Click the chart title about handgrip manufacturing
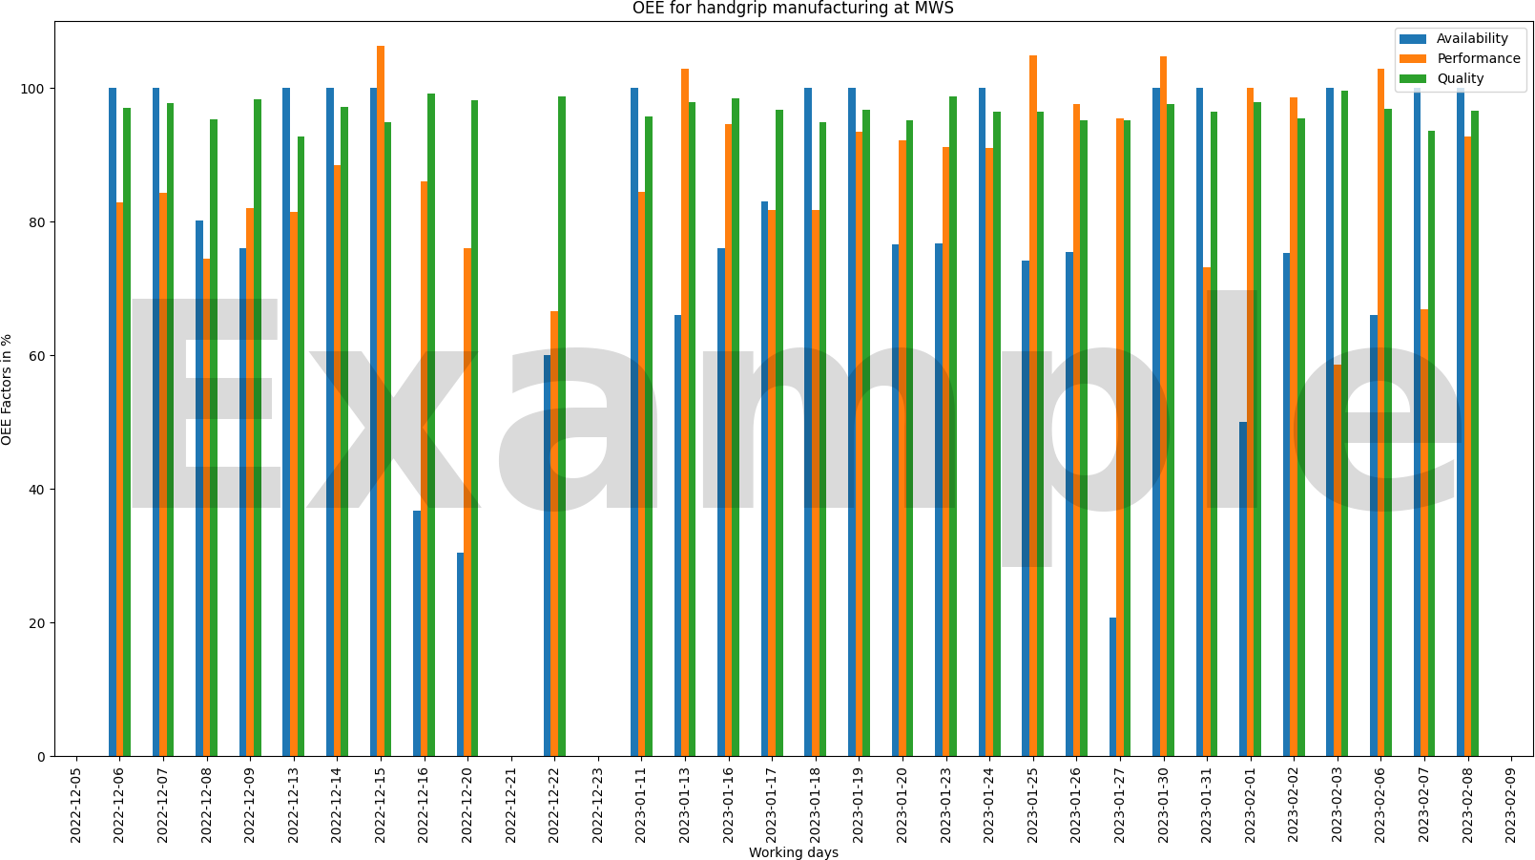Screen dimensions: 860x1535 pyautogui.click(x=793, y=9)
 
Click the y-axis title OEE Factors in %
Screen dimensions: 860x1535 pyautogui.click(x=8, y=389)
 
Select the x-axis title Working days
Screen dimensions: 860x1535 pyautogui.click(x=793, y=852)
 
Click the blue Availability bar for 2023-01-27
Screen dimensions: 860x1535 pyautogui.click(x=1112, y=687)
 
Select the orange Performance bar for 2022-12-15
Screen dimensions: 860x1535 pyautogui.click(x=381, y=401)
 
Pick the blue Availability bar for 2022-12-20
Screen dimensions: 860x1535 pyautogui.click(x=460, y=655)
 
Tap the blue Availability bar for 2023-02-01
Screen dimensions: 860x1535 pyautogui.click(x=1242, y=589)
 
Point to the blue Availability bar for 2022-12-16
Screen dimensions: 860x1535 pyautogui.click(x=417, y=634)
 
